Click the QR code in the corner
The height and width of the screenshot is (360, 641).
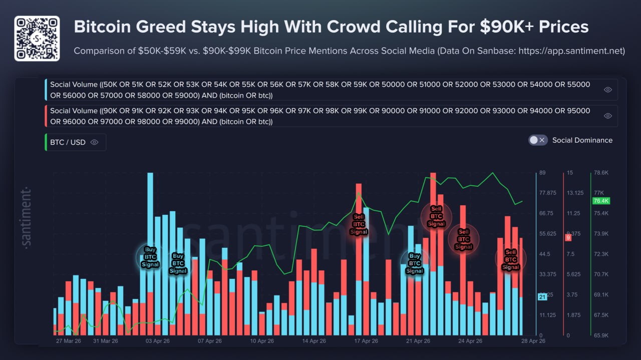point(37,38)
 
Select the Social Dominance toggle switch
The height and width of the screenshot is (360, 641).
point(538,140)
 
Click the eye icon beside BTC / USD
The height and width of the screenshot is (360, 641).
point(95,142)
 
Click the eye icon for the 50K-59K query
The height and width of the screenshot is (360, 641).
point(608,90)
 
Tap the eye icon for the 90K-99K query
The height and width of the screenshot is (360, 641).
point(608,116)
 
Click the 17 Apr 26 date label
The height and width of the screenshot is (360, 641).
point(366,341)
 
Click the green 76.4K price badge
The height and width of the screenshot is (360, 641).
point(601,201)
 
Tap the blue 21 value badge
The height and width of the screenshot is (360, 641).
point(542,297)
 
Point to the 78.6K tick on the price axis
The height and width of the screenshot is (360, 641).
point(601,173)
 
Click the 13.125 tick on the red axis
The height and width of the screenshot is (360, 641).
point(574,193)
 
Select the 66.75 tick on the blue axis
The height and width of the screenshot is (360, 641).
point(547,213)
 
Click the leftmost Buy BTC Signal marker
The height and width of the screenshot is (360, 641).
point(150,256)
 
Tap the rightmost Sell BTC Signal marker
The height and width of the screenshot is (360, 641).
point(511,259)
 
